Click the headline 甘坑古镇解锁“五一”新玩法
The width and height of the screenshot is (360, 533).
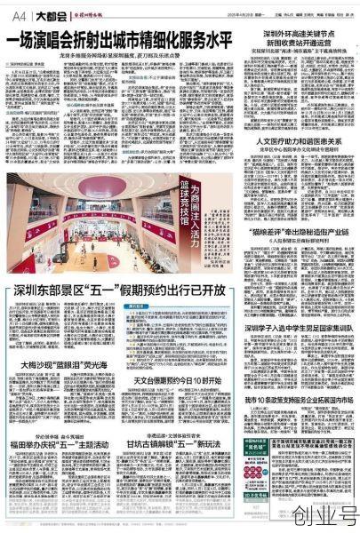click(x=178, y=444)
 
